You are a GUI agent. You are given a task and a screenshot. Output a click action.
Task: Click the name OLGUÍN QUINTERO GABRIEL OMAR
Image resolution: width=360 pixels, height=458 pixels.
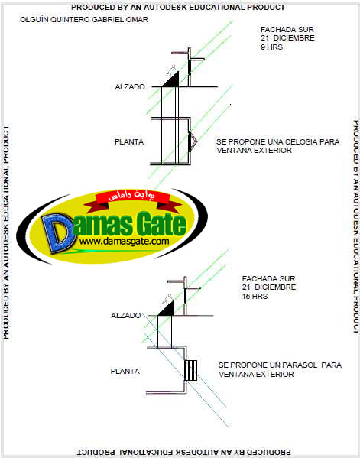pyautogui.click(x=84, y=20)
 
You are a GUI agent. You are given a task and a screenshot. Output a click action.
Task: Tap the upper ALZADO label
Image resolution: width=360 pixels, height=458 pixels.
pyautogui.click(x=130, y=86)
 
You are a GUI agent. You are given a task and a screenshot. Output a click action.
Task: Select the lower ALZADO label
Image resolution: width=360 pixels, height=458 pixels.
pyautogui.click(x=126, y=316)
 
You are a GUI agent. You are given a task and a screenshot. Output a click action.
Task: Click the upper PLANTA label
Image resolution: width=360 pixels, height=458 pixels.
pyautogui.click(x=129, y=142)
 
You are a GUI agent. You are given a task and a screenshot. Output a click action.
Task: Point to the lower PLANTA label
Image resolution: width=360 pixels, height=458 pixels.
pyautogui.click(x=125, y=372)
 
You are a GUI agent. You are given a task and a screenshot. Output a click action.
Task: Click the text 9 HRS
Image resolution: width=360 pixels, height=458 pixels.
pyautogui.click(x=271, y=47)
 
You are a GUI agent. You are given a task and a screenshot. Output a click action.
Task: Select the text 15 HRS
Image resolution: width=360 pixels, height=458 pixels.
pyautogui.click(x=255, y=296)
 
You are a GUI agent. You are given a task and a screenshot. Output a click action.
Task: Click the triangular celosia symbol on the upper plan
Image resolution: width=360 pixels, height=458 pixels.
pyautogui.click(x=193, y=141)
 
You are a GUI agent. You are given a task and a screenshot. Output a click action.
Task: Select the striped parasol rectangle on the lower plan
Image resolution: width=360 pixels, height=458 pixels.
pyautogui.click(x=191, y=370)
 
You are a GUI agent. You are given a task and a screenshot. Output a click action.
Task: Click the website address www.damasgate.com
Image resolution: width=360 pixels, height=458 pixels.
pyautogui.click(x=125, y=242)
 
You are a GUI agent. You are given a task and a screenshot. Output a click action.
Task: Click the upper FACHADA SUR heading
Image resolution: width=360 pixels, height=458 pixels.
pyautogui.click(x=287, y=30)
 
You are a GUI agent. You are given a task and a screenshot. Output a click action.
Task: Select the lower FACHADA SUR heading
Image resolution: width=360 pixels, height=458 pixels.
pyautogui.click(x=268, y=278)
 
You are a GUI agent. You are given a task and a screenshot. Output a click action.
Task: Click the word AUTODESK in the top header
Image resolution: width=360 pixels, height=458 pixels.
pyautogui.click(x=164, y=8)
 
